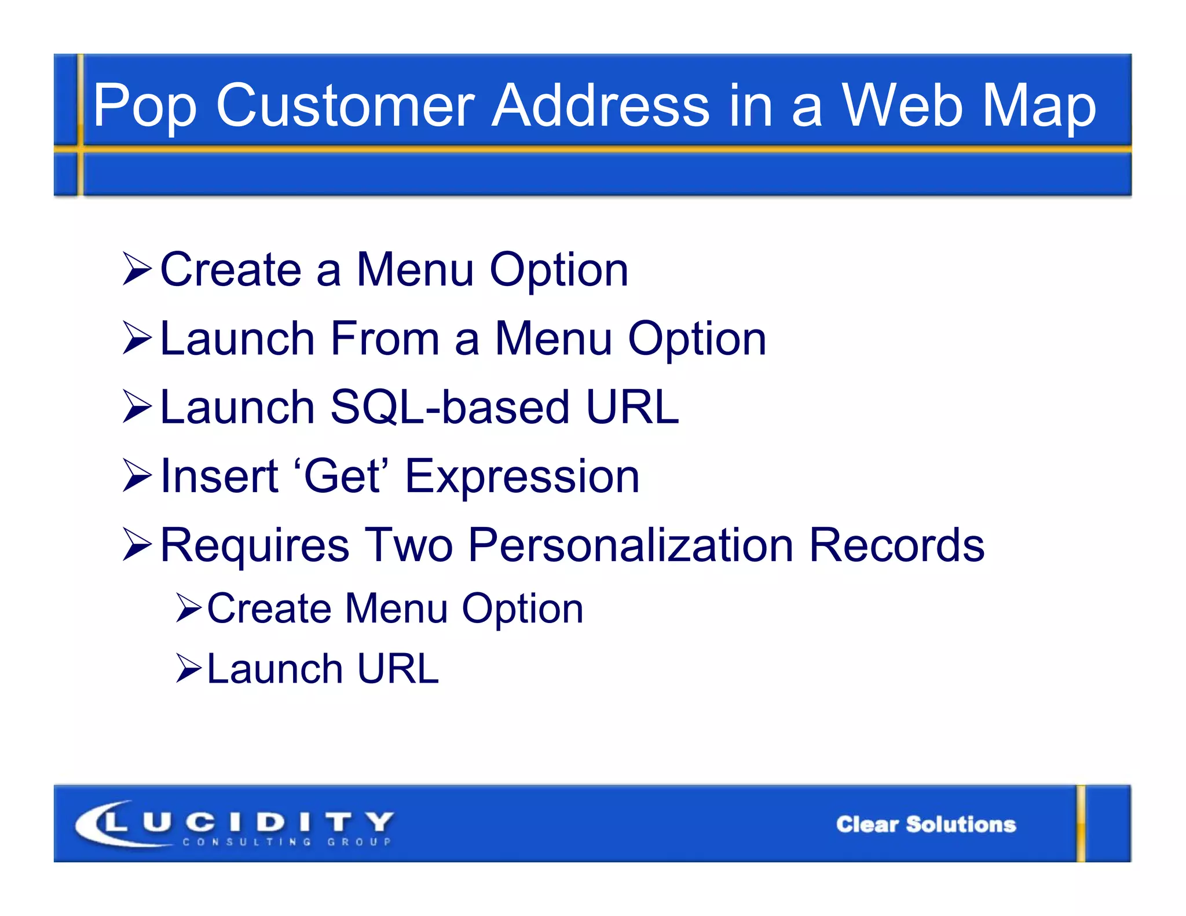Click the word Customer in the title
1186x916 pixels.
point(345,105)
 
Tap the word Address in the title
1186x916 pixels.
point(600,105)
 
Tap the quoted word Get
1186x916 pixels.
point(342,476)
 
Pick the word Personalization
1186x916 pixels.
point(630,545)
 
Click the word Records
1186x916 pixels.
point(896,545)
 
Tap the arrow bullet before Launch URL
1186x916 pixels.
point(188,668)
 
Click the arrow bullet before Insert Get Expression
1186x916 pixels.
point(137,476)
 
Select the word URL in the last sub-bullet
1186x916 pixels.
point(398,669)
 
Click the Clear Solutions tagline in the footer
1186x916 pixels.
point(925,824)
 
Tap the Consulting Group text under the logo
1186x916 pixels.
point(287,841)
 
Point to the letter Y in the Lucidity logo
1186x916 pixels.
point(380,821)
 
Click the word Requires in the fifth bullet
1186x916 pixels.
point(255,545)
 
